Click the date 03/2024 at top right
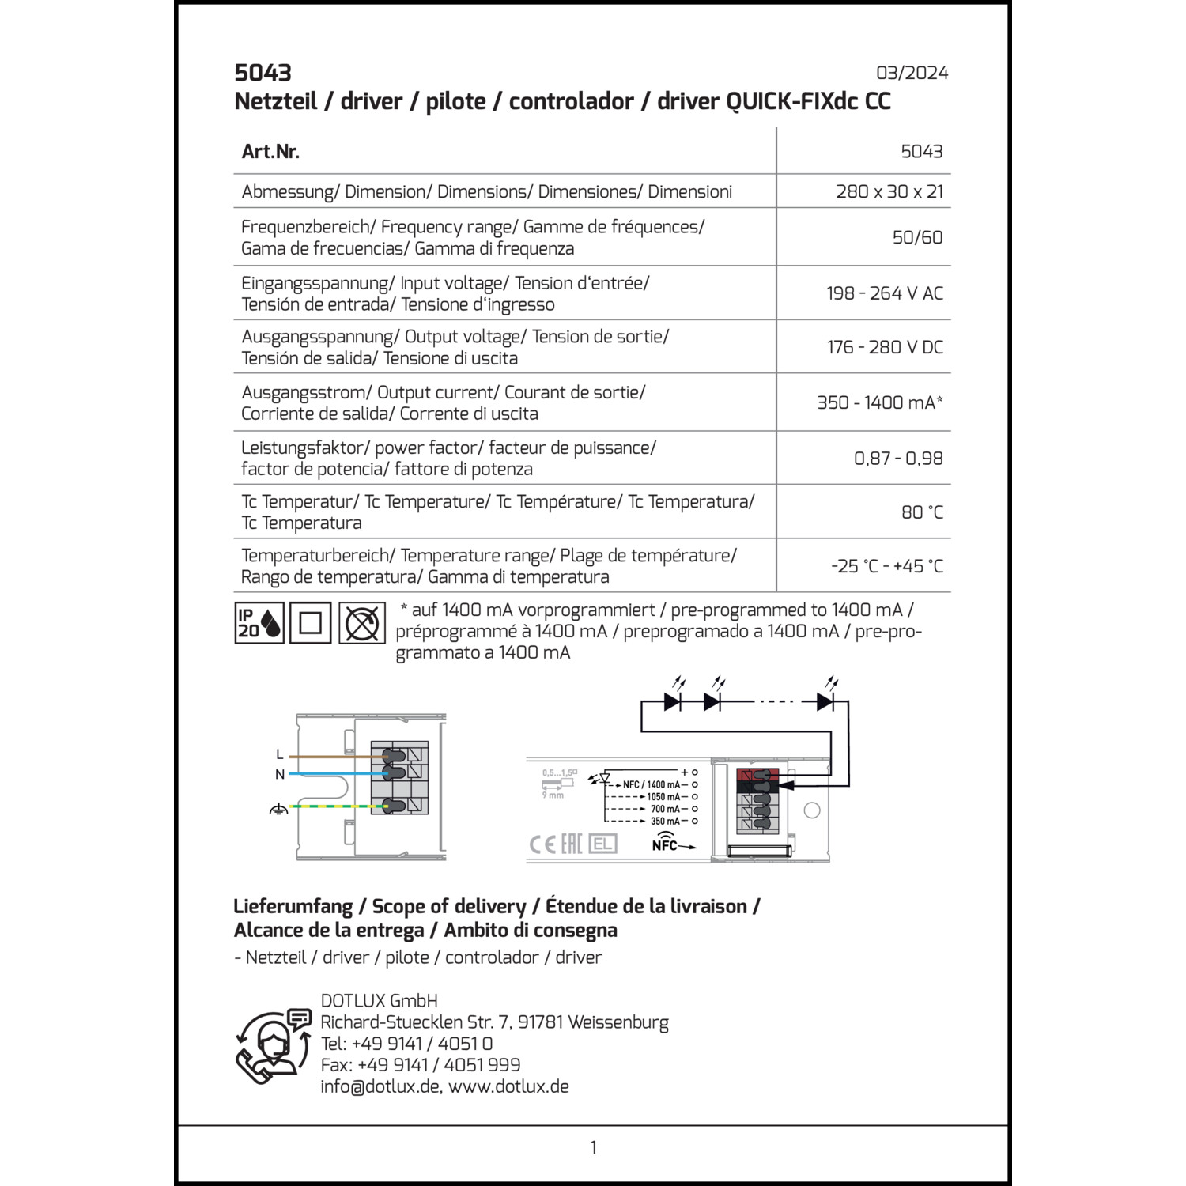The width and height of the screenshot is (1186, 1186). tap(912, 73)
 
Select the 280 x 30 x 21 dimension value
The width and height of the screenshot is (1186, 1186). tap(889, 191)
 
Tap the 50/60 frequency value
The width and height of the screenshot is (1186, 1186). tap(917, 237)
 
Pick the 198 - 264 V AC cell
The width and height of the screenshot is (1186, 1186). tap(885, 293)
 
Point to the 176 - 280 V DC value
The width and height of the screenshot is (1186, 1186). tap(885, 347)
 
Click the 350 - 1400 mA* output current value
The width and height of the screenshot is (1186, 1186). tap(879, 402)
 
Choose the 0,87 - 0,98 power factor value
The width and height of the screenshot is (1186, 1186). tap(898, 459)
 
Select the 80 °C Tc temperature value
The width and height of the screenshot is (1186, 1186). tap(922, 512)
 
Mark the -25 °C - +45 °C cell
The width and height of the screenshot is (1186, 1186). tap(887, 566)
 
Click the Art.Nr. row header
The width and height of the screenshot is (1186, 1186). tap(270, 152)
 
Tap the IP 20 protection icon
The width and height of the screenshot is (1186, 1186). tap(259, 623)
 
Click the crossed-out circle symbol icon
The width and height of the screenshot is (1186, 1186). tap(362, 623)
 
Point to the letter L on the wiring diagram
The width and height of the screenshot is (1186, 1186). tap(279, 755)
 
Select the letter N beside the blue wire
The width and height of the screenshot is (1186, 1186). tap(279, 775)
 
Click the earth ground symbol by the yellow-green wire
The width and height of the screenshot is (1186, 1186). tap(278, 809)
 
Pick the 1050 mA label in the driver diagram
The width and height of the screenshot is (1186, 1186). tap(663, 797)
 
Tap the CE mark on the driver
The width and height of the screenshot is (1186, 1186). tap(542, 844)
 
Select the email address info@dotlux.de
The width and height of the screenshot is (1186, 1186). tap(380, 1086)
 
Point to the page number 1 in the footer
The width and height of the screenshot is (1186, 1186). tap(593, 1147)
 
